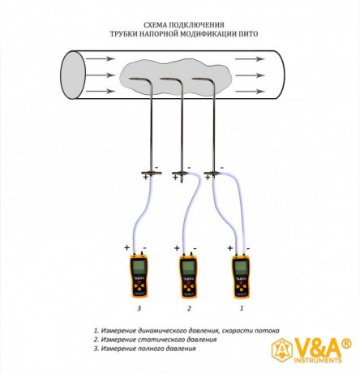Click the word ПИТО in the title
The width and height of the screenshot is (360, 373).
(x=247, y=34)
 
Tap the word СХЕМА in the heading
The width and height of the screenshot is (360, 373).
(x=155, y=25)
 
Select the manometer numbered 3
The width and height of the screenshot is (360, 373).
(x=139, y=275)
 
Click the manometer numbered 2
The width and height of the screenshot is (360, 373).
(x=188, y=275)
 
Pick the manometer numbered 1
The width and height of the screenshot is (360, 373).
(x=241, y=275)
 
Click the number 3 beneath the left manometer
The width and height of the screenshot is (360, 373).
(x=139, y=308)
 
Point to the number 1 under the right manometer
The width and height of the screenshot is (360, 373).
(x=242, y=308)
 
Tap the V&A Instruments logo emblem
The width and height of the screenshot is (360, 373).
(x=282, y=351)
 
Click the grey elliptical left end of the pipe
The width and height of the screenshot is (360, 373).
(x=73, y=75)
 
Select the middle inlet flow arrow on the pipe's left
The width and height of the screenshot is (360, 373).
(x=101, y=75)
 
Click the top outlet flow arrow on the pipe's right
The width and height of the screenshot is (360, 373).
(x=250, y=59)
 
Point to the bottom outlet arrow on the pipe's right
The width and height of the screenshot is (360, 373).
(x=250, y=92)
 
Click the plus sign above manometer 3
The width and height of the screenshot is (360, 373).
(x=126, y=247)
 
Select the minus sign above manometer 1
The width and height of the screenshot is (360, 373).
(x=248, y=248)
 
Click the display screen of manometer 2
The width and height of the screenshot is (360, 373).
(x=188, y=267)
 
